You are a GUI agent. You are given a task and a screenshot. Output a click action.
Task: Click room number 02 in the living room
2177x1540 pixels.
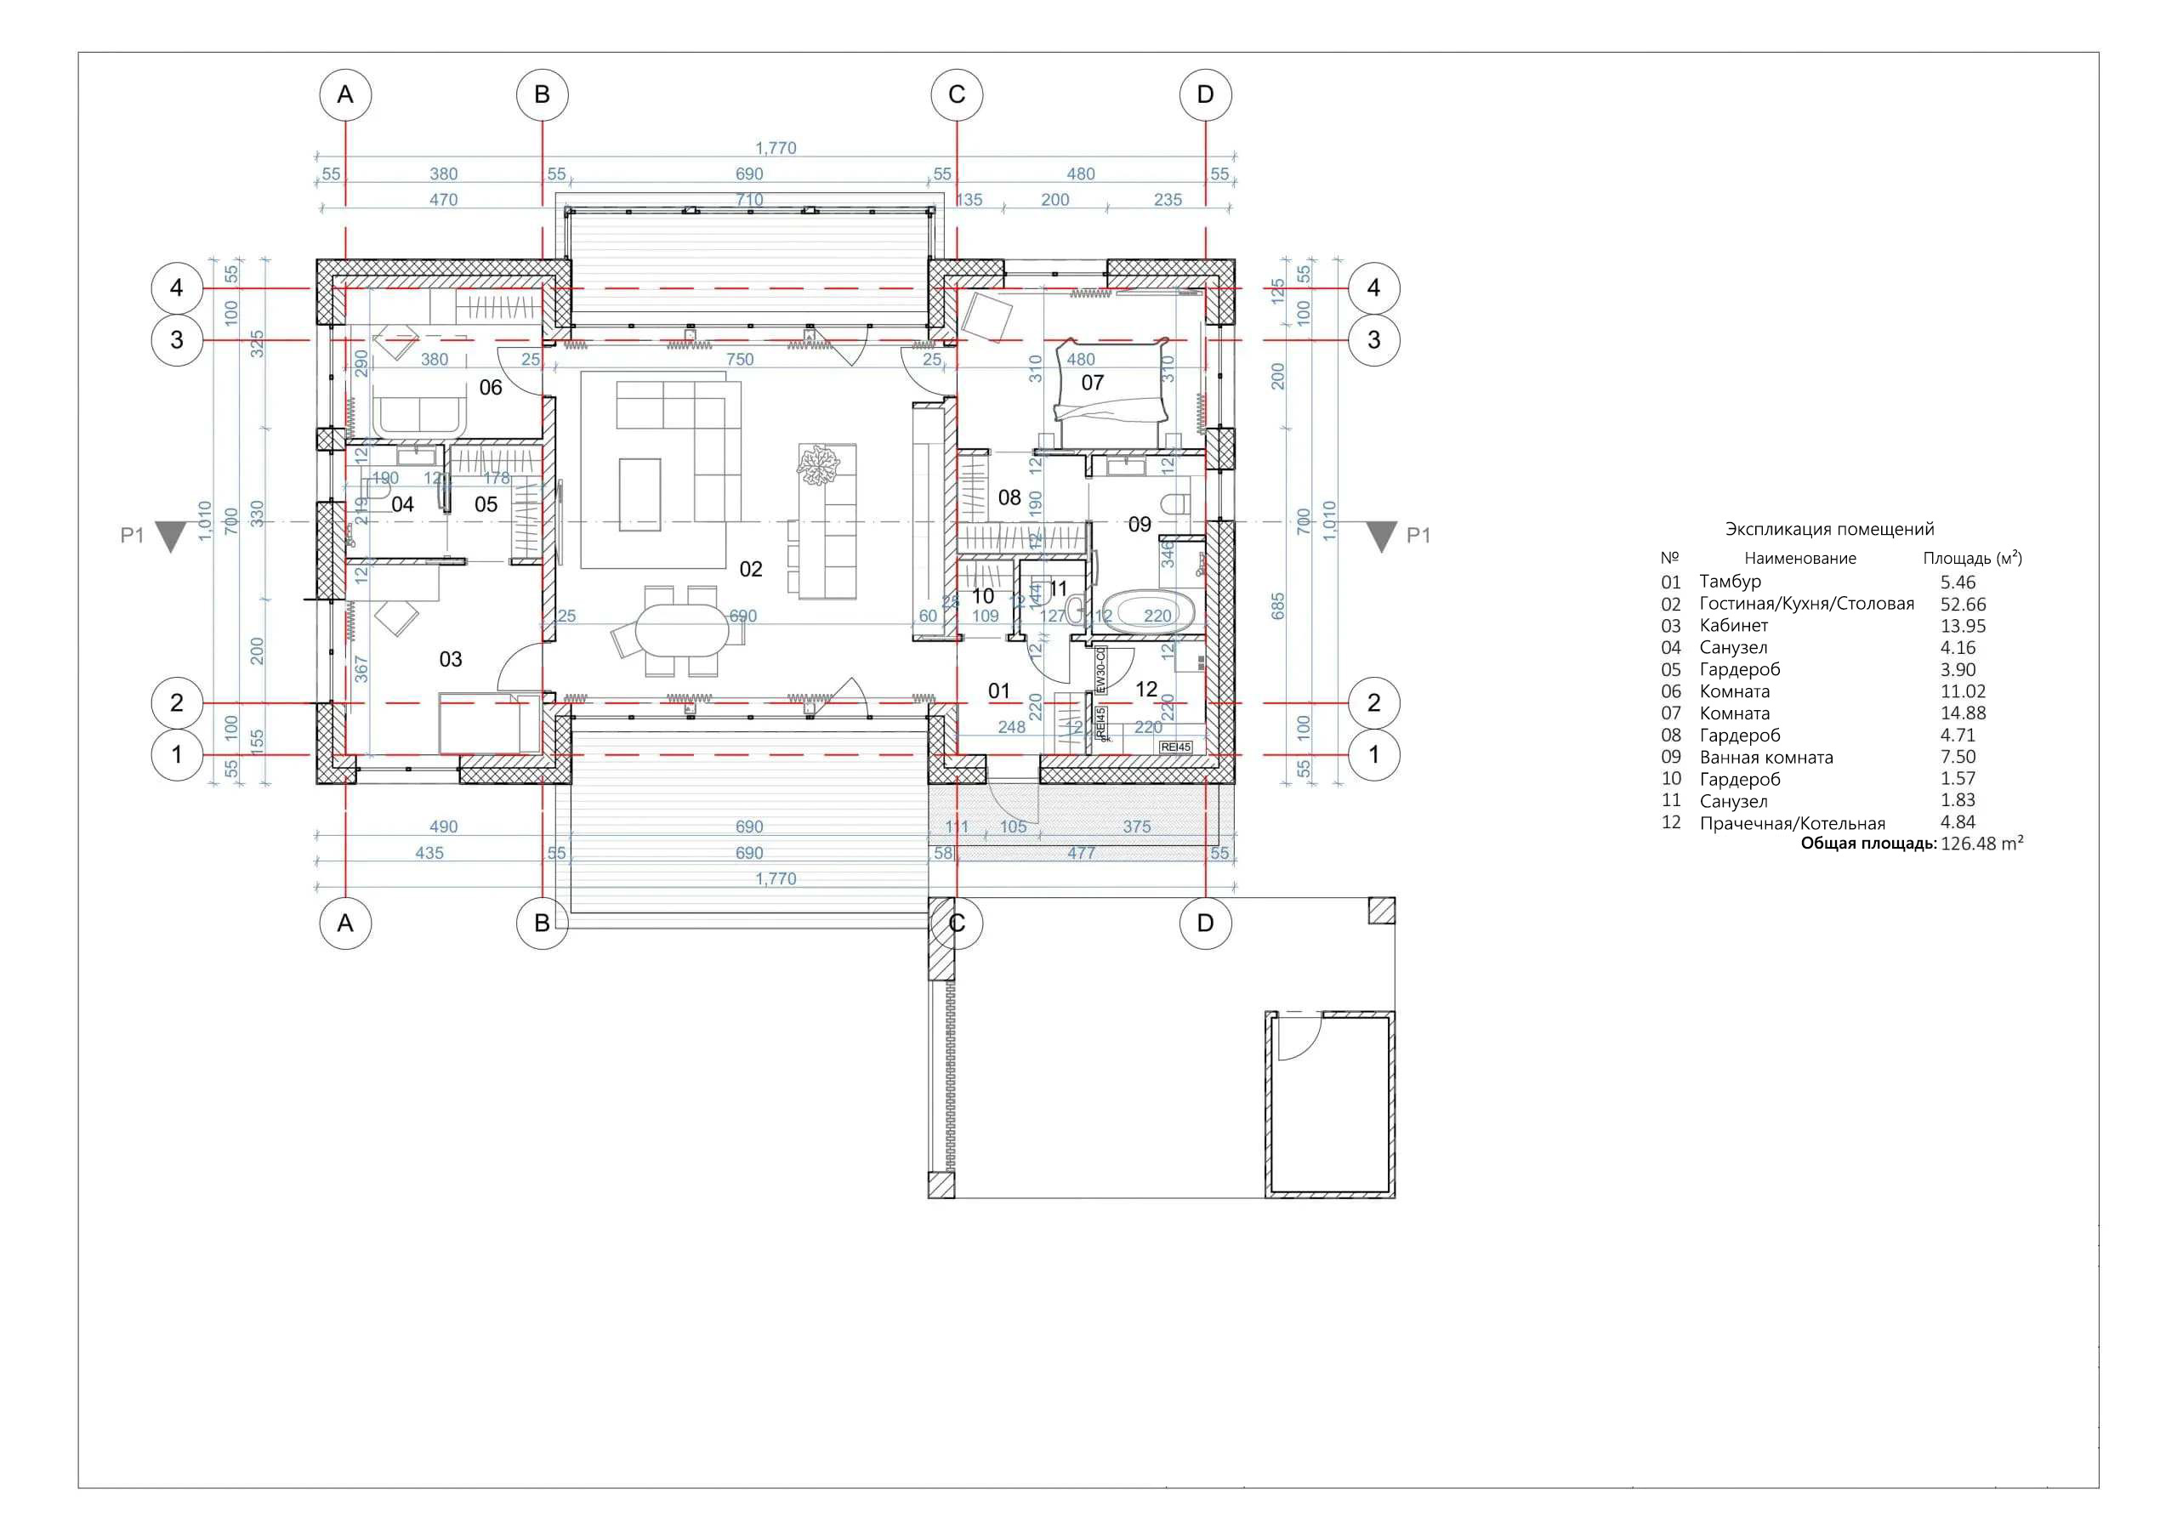750,569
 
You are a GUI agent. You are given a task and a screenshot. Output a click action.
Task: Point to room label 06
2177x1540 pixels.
490,387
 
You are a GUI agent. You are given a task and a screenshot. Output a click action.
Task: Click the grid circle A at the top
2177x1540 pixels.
345,95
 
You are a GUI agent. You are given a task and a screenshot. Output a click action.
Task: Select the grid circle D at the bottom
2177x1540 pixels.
1204,923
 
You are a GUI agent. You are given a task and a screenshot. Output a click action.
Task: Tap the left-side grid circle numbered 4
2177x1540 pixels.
176,288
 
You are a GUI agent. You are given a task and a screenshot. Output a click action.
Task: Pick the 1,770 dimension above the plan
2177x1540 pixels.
775,148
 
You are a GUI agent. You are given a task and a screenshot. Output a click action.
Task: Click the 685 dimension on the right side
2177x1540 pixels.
1277,607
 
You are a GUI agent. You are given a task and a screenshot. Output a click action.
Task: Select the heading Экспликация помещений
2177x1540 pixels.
1829,529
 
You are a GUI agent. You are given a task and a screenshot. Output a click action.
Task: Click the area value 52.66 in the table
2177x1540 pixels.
1962,604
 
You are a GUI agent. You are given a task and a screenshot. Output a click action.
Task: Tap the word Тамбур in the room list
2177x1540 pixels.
1730,582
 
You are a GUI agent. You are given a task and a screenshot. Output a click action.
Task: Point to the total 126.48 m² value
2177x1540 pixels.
1981,844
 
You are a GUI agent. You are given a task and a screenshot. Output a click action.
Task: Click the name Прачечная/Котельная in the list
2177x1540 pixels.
1791,823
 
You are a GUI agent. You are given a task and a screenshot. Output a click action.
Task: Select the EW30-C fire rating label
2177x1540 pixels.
1100,674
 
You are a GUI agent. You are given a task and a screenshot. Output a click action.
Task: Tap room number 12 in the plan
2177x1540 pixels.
1145,690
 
